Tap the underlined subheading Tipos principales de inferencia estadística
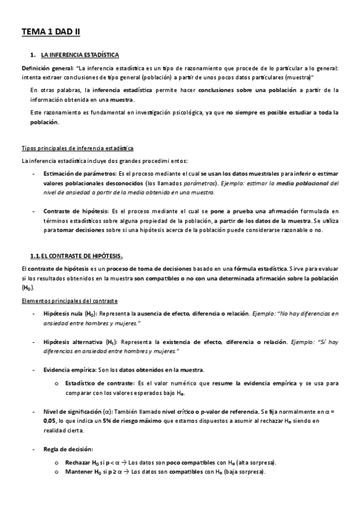tap(78, 148)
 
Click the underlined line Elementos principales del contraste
tap(70, 300)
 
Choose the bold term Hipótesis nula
tap(66, 314)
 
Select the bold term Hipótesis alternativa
tap(75, 342)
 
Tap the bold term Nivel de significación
tap(72, 411)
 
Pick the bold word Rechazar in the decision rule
tap(76, 462)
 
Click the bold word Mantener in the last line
tap(76, 472)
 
